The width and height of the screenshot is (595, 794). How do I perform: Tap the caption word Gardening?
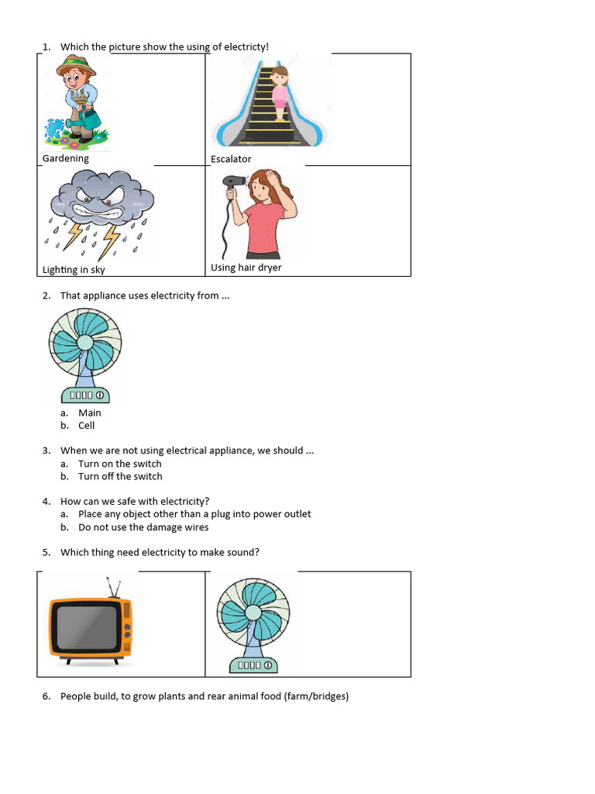coord(66,158)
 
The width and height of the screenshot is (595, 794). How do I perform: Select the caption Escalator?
coord(231,159)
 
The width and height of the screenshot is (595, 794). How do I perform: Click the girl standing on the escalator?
coord(279,92)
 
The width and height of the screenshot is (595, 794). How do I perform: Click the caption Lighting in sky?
coord(74,270)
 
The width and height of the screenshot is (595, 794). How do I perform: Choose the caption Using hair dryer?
coord(246,268)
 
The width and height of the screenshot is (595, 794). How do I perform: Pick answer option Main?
coord(90,413)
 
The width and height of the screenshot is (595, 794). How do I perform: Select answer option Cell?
coord(87,425)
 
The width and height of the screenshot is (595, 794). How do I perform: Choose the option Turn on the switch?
coord(120,464)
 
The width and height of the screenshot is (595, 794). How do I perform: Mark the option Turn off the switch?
coord(120,476)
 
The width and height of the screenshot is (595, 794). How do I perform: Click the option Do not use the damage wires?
coord(143,527)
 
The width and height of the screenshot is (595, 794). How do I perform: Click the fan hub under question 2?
coord(84,342)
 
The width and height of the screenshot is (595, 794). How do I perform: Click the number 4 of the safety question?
coord(46,501)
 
